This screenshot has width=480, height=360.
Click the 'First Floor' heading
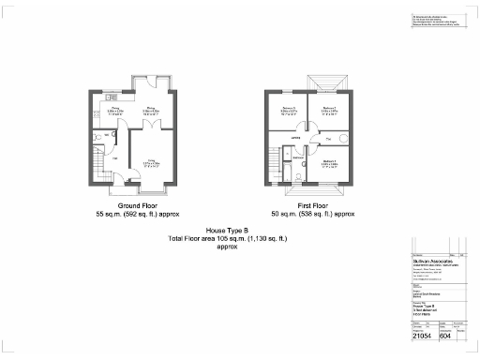(x=313, y=205)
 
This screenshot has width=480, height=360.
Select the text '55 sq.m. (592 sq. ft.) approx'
(x=137, y=214)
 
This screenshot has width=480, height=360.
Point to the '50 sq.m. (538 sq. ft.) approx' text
(x=313, y=214)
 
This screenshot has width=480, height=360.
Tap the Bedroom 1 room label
(x=329, y=162)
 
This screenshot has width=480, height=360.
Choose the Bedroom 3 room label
(x=289, y=110)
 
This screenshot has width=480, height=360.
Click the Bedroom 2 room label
(x=329, y=110)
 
